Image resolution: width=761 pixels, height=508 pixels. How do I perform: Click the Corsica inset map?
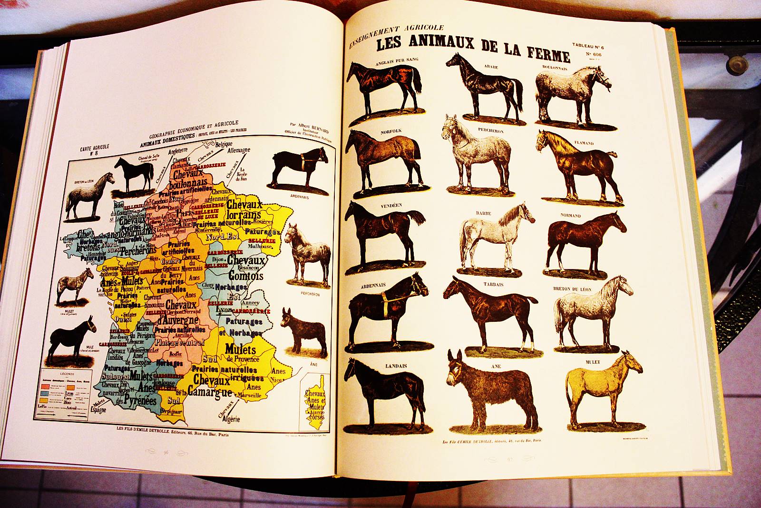[314, 403]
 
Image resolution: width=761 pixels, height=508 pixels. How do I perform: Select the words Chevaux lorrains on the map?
[245, 209]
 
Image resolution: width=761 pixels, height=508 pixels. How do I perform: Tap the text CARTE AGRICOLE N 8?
[95, 150]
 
